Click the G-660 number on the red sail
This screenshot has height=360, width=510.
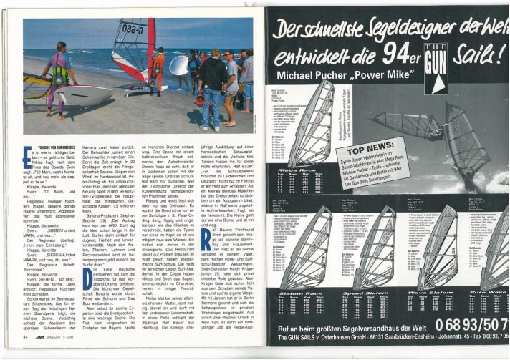point(133,29)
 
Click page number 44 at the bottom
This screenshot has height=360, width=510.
point(26,336)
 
